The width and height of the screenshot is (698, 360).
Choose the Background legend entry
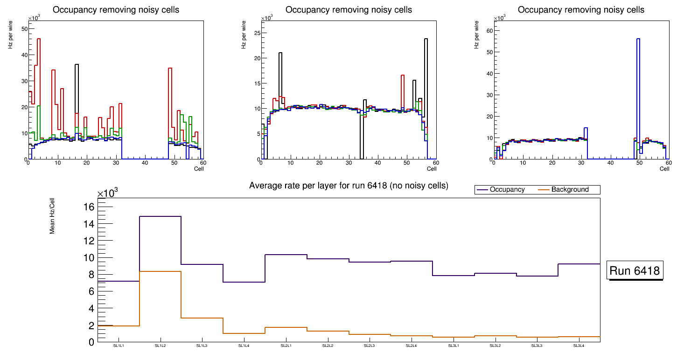(570, 190)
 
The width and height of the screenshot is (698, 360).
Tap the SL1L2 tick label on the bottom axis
(161, 346)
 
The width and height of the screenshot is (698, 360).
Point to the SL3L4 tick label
(579, 346)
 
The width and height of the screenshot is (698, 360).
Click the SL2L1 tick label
(286, 346)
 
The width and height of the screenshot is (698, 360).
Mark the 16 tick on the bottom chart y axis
(89, 207)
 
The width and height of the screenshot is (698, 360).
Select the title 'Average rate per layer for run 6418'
(349, 186)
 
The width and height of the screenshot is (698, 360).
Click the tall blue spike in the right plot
(638, 93)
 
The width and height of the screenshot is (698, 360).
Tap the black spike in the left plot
(77, 89)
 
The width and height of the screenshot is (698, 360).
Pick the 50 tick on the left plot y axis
(25, 29)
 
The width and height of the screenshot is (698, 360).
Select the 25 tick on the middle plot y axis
(257, 33)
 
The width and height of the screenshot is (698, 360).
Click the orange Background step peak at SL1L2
(160, 271)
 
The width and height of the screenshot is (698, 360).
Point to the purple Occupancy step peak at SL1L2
(160, 216)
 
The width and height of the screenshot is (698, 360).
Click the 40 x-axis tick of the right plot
(610, 163)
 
